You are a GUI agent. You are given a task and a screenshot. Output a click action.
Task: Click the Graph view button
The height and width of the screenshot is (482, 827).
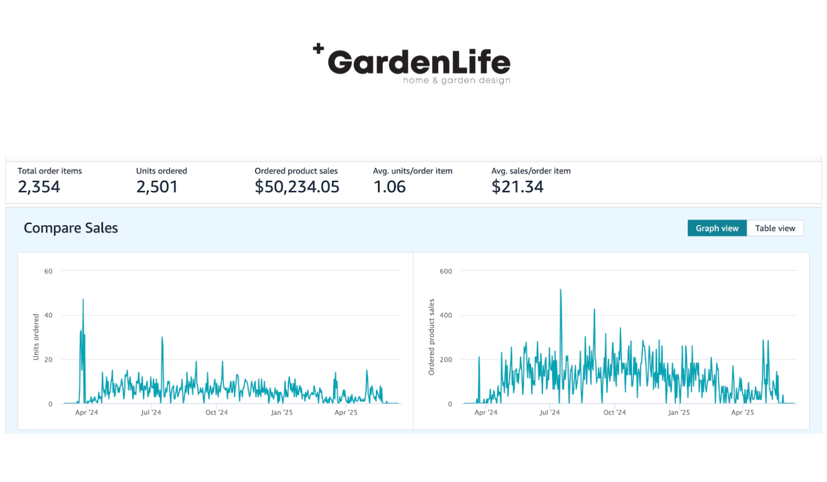coord(716,228)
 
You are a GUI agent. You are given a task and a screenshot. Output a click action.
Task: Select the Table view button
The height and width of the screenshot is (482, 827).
coord(774,228)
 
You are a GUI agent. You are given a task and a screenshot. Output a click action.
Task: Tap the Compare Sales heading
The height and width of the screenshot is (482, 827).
coord(71,228)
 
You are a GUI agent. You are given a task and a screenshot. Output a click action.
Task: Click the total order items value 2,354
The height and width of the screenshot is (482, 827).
coord(39,187)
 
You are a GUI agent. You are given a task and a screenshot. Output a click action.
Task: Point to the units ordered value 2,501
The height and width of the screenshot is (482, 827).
coord(157,187)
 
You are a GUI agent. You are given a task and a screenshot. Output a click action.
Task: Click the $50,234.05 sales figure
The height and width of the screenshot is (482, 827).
coord(297,187)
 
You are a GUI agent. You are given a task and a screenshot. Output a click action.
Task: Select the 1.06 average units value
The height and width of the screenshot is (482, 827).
coord(389,187)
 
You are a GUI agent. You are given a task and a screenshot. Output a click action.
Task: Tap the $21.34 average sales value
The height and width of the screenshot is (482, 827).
coord(517,187)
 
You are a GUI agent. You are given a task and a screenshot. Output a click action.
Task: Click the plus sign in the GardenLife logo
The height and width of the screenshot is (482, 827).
coord(318,48)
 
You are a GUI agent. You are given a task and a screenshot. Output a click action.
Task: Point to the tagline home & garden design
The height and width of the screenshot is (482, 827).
coord(456,81)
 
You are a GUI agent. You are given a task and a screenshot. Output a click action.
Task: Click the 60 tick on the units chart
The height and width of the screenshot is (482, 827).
coord(48,271)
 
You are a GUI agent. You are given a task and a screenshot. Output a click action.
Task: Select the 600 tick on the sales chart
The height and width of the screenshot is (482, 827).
coord(446,271)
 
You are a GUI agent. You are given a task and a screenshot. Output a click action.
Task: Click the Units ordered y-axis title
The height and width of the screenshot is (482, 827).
coord(36,337)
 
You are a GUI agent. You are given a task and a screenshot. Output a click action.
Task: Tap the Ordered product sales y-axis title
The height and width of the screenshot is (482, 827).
coord(431,337)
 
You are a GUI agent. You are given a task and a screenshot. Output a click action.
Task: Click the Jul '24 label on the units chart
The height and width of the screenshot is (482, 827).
coord(151,412)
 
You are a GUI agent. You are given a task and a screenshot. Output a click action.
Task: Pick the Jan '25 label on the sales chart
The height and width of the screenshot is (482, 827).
coord(679,412)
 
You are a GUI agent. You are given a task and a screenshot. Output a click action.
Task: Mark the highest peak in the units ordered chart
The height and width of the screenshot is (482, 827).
coord(83,300)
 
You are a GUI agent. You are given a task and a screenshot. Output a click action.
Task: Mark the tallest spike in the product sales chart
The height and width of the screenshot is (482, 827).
coord(561,290)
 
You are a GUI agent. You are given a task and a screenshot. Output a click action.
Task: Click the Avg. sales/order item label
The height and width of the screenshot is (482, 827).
coord(531,171)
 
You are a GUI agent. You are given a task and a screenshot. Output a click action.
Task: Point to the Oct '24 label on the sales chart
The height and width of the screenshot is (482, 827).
coord(614,412)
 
